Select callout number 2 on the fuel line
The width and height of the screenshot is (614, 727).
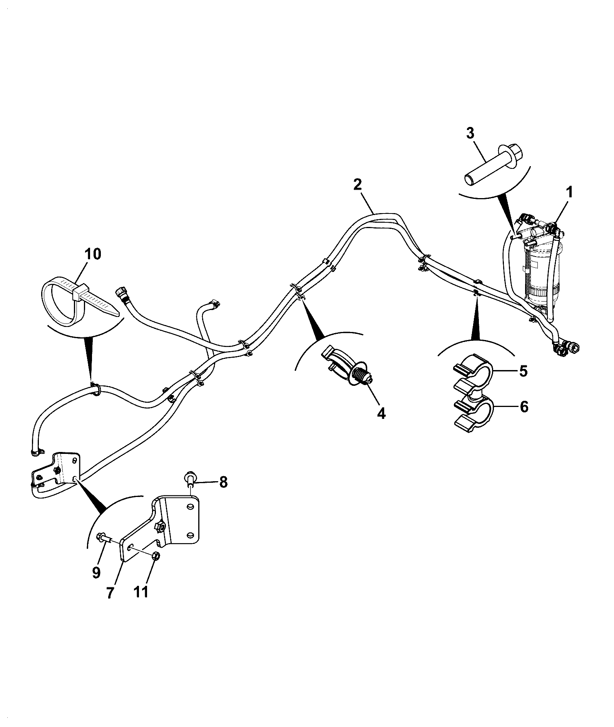(357, 185)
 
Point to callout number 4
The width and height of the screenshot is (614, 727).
(381, 414)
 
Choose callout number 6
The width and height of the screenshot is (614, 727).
(524, 407)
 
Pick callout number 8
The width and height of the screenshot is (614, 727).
(223, 482)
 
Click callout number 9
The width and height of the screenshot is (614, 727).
(96, 572)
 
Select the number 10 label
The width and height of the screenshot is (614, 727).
(92, 254)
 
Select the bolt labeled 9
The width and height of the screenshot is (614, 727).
(104, 537)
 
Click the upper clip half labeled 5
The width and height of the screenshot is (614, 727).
(472, 371)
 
